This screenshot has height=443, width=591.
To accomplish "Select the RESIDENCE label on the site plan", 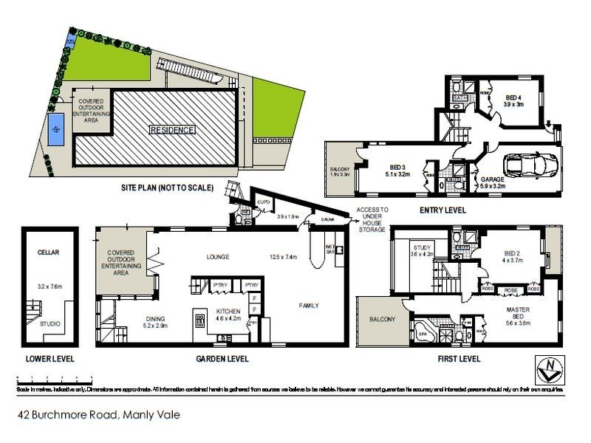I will tap(172, 130).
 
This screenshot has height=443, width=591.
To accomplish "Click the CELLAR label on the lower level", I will tap(47, 252).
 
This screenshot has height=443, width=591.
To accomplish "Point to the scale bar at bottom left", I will tap(47, 378).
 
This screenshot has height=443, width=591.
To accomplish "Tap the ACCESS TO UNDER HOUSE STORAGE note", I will tap(372, 220).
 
